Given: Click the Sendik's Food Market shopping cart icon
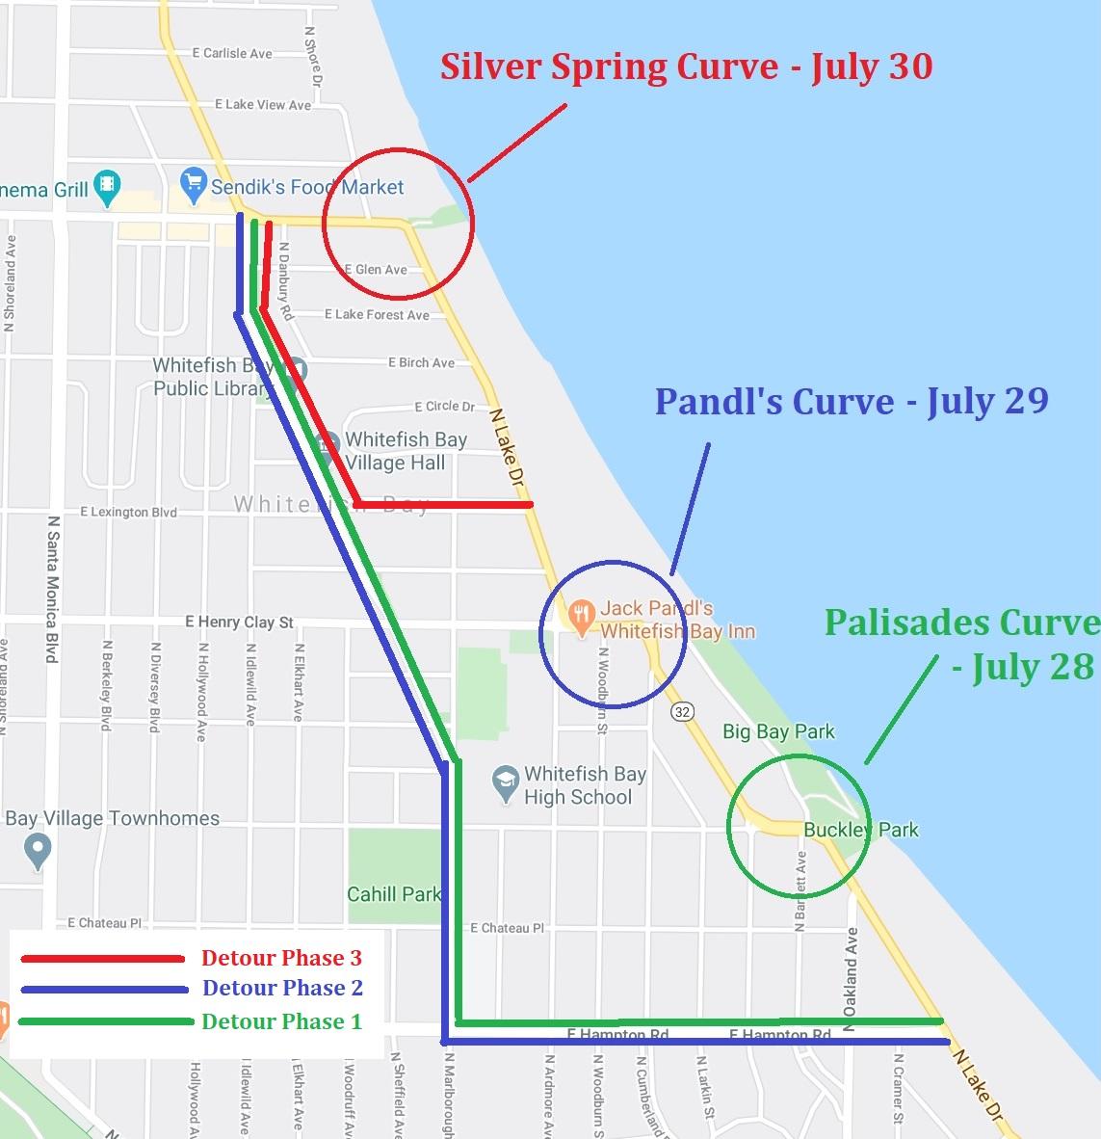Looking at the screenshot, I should click(194, 180).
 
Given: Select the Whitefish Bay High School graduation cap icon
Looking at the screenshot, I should click(506, 784).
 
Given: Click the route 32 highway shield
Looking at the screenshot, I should click(683, 711).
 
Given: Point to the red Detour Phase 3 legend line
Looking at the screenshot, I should click(102, 959).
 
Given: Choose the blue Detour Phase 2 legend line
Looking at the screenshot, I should click(102, 990).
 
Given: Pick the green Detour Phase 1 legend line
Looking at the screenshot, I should click(102, 1021).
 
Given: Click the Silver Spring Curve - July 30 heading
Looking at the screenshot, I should click(686, 66).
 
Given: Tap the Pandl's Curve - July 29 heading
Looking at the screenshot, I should click(852, 401).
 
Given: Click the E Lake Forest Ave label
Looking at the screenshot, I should click(377, 315).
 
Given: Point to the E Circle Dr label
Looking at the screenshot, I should click(444, 407).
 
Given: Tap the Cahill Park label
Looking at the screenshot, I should click(393, 894).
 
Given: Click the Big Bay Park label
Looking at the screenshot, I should click(778, 732).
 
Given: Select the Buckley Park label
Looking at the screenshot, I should click(860, 830).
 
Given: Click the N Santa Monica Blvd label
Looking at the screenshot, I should click(53, 589).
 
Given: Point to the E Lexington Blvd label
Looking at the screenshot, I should click(128, 513).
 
